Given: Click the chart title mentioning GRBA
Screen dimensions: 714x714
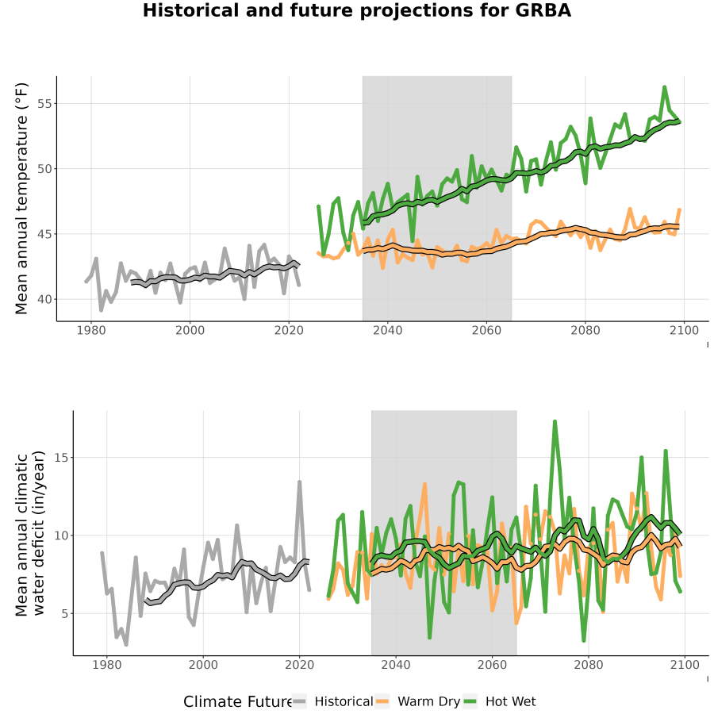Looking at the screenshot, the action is [356, 10].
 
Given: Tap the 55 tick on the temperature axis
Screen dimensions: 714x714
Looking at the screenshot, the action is [44, 104].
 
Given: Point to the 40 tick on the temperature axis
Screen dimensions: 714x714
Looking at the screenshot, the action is [44, 300].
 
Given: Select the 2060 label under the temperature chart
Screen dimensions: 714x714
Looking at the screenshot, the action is [486, 330].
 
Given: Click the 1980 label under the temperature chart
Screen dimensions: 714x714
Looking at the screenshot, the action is [91, 330].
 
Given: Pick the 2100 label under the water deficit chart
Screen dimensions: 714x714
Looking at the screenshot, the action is [685, 665].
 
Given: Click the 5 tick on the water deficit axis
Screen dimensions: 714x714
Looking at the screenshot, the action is [65, 614].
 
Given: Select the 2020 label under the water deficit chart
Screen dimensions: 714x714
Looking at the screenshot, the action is [300, 665].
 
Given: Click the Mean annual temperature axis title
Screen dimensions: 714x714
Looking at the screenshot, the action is [21, 198].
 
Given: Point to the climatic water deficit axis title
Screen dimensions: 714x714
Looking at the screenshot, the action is [30, 533].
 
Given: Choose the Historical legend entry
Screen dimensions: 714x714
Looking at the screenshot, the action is [332, 701].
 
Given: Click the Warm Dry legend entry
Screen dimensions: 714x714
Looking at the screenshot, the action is [417, 701].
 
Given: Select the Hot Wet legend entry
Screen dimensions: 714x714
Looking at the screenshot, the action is [499, 701].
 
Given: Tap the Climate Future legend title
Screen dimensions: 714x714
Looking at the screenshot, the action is [237, 702].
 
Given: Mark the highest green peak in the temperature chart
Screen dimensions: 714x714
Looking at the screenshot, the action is [665, 86].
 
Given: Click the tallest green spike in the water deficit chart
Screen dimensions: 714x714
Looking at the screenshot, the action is [555, 422].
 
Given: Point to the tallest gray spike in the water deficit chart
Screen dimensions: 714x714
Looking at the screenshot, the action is [300, 482].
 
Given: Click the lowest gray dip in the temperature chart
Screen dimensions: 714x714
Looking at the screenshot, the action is [101, 310].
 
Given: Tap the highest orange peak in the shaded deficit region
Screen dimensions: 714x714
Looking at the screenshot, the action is [424, 484].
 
